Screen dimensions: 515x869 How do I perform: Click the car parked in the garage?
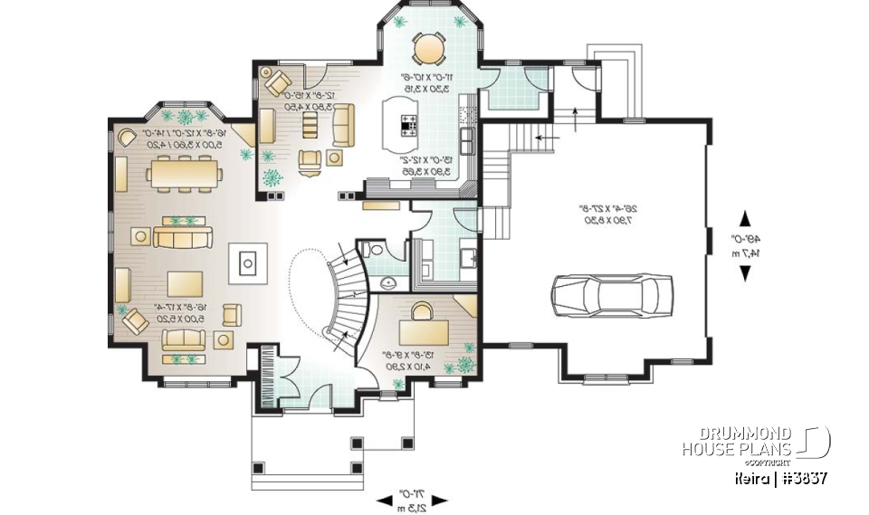[x=613, y=294]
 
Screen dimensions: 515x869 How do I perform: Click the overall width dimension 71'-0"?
[x=413, y=499]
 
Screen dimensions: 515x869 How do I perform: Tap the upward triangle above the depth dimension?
[x=745, y=218]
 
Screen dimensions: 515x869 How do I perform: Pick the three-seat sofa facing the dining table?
[x=183, y=237]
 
